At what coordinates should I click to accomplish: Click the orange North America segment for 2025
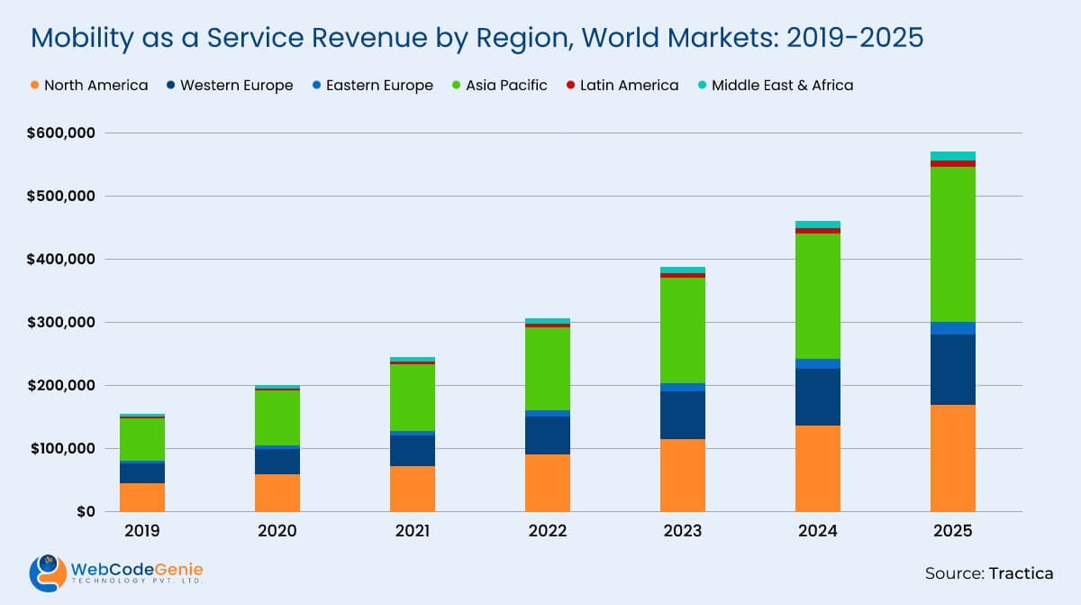pyautogui.click(x=952, y=458)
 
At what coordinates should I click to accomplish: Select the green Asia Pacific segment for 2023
pyautogui.click(x=683, y=330)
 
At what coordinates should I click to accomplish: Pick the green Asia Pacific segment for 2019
pyautogui.click(x=142, y=439)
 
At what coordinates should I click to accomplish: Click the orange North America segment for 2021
pyautogui.click(x=413, y=489)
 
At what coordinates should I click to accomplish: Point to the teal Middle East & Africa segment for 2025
pyautogui.click(x=952, y=156)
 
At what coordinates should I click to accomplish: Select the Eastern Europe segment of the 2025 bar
pyautogui.click(x=952, y=328)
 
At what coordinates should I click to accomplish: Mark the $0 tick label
pyautogui.click(x=84, y=512)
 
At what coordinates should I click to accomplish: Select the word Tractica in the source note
pyautogui.click(x=1021, y=573)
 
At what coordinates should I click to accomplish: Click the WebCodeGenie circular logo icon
pyautogui.click(x=47, y=573)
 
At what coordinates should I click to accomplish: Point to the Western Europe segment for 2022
pyautogui.click(x=548, y=435)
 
